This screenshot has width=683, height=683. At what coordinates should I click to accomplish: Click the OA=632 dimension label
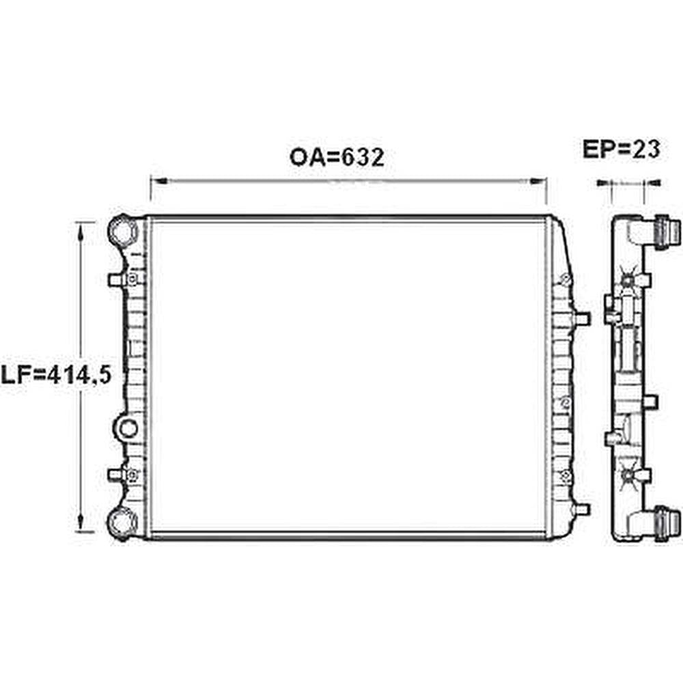(337, 158)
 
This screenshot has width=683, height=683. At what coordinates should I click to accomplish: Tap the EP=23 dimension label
(622, 150)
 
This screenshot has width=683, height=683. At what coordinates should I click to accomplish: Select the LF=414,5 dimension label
(56, 375)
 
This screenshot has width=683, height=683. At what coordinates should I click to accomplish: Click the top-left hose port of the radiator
(123, 230)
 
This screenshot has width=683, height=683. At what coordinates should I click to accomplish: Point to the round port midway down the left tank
(127, 429)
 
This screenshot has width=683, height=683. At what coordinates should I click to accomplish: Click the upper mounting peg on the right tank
(582, 319)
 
